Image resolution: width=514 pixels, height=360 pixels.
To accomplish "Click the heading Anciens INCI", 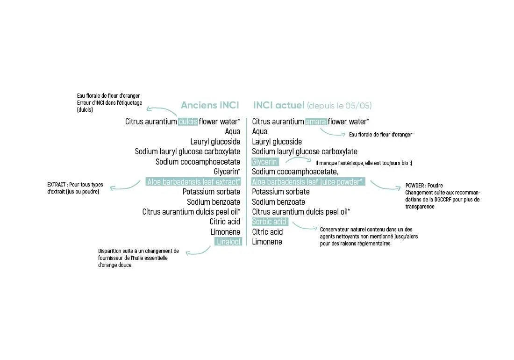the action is tap(210, 105).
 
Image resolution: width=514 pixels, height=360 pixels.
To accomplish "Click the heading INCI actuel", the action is tap(279, 105).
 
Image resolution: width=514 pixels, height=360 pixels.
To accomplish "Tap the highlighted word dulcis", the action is tap(188, 122).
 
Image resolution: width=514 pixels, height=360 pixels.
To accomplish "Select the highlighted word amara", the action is tap(316, 122).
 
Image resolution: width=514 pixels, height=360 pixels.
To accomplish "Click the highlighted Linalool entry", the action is tap(228, 242).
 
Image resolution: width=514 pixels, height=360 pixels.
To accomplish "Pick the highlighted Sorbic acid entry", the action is tap(270, 222).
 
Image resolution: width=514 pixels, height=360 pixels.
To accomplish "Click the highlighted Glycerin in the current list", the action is tap(265, 162).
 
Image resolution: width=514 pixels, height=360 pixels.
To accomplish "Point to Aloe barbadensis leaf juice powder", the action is tap(308, 182).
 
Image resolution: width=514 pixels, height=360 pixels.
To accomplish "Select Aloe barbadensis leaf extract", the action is tap(193, 182).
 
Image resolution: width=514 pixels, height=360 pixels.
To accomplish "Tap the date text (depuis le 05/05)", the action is tap(339, 106).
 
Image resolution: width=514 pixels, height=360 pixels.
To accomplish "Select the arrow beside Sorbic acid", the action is tap(304, 227).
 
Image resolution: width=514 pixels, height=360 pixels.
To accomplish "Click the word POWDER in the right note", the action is tap(415, 185).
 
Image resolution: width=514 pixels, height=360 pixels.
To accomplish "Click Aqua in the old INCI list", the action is tap(232, 132).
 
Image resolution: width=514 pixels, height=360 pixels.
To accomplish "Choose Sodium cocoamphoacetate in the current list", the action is tap(295, 172).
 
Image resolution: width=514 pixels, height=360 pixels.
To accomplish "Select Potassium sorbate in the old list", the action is tap(211, 192).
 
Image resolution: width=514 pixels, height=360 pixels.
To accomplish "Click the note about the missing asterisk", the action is tap(364, 163).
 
